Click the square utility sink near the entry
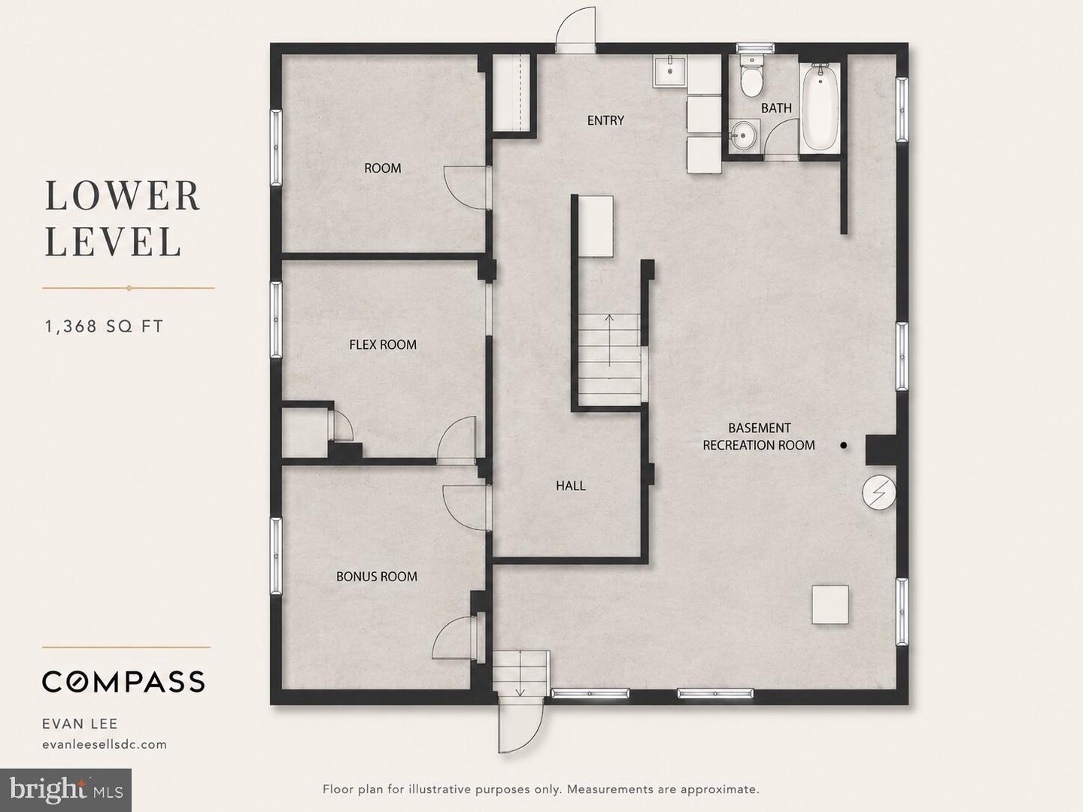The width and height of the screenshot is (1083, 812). click(x=669, y=71)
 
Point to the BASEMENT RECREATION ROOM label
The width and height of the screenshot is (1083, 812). click(x=759, y=436)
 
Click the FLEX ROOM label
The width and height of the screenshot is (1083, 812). click(x=383, y=344)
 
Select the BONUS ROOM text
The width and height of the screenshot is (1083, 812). click(x=377, y=577)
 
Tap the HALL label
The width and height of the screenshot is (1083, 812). click(x=571, y=486)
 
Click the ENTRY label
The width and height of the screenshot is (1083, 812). click(x=605, y=120)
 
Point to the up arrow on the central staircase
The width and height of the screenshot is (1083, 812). click(x=610, y=340)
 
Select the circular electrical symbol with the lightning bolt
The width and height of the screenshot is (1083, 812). click(x=879, y=492)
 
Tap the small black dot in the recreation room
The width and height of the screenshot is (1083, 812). click(x=844, y=445)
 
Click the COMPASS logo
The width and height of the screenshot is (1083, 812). click(x=123, y=682)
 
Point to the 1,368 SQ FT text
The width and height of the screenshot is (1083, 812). click(x=104, y=326)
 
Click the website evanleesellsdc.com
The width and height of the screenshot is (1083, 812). click(x=105, y=744)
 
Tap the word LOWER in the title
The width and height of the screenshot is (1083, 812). click(x=123, y=195)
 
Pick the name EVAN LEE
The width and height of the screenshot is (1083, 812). click(x=80, y=724)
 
